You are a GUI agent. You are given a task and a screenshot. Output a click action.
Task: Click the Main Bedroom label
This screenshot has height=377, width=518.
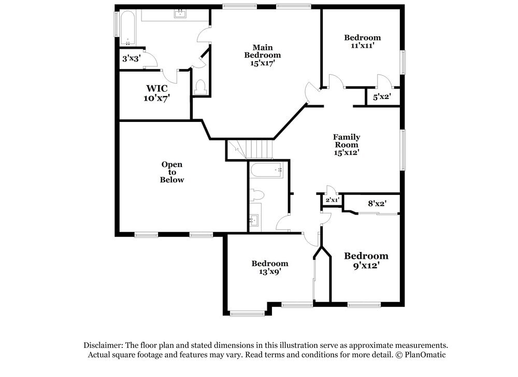click(263, 51)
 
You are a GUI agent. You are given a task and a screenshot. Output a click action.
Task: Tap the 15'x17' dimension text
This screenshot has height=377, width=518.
click(263, 63)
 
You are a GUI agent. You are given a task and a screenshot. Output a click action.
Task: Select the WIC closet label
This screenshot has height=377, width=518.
click(156, 88)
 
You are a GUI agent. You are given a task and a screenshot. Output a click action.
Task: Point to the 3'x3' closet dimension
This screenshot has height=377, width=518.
click(131, 59)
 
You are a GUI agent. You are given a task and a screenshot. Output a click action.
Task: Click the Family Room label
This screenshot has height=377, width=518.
click(347, 141)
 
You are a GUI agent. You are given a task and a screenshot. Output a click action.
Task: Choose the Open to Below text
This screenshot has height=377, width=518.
click(172, 172)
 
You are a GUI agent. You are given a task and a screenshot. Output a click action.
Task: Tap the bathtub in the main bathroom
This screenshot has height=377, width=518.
click(127, 28)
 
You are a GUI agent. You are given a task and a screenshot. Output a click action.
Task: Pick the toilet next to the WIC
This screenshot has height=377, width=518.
click(200, 87)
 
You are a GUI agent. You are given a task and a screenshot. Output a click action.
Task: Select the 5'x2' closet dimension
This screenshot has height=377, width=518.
click(382, 96)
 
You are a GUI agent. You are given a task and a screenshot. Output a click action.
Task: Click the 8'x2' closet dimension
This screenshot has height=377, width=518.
click(377, 204)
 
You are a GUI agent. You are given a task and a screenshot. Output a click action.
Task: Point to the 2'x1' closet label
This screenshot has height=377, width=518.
click(332, 200)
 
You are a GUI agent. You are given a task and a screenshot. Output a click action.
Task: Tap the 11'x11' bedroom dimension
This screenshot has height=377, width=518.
click(362, 45)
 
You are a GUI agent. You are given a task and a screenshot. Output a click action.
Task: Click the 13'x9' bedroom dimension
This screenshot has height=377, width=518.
click(269, 271)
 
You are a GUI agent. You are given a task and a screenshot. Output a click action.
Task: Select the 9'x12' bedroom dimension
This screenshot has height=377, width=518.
click(366, 266)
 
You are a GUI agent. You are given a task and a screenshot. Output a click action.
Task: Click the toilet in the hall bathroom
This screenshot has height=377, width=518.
click(257, 195)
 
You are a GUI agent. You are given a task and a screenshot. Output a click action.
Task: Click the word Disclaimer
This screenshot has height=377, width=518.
click(103, 345)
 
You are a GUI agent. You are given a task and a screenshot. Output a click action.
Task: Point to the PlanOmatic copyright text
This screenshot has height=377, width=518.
click(420, 355)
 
